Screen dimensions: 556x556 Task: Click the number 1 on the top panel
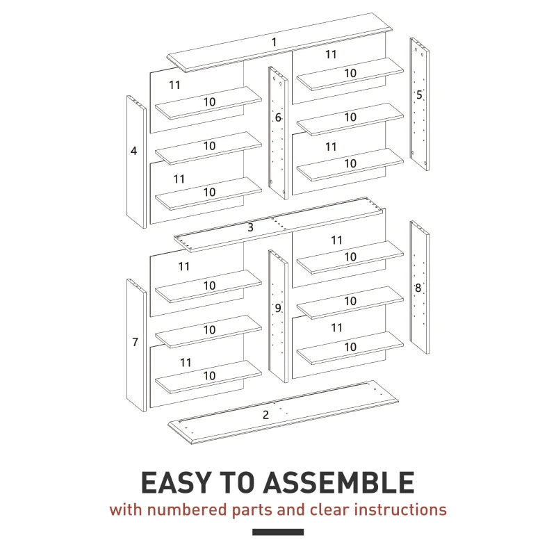274,42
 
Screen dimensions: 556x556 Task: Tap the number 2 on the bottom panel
265,415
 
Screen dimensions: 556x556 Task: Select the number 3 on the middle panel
250,227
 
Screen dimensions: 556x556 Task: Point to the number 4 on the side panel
133,150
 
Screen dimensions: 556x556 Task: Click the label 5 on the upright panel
419,95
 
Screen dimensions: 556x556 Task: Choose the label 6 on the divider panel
277,118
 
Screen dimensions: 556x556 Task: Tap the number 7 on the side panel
135,342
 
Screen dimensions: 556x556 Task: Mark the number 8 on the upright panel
418,288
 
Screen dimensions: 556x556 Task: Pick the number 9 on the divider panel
277,308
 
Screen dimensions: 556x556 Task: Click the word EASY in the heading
174,482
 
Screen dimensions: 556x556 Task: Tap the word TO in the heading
239,482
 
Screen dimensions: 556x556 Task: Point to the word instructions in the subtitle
400,509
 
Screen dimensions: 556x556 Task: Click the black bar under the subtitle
278,532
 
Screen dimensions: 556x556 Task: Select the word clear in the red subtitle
329,509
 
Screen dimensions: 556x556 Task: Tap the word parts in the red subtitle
252,510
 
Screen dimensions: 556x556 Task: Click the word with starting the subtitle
126,509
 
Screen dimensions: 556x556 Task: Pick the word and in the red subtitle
291,509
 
